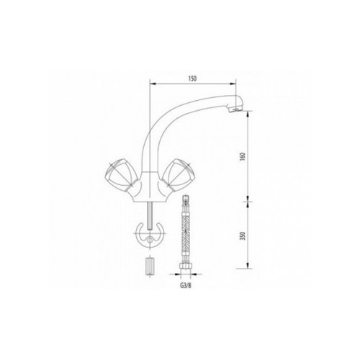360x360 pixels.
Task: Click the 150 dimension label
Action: [x=192, y=78]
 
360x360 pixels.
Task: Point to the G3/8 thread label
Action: [x=186, y=286]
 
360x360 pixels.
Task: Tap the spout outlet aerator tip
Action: [x=235, y=109]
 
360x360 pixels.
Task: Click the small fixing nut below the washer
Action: [x=149, y=266]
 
